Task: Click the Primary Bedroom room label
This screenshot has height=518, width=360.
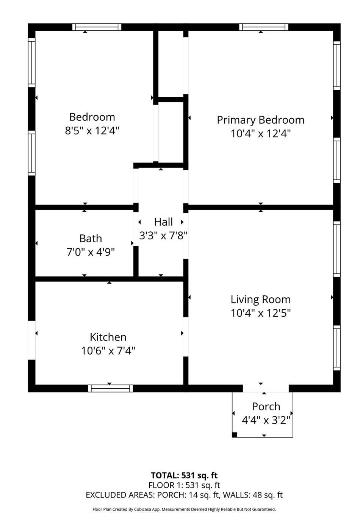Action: (x=260, y=120)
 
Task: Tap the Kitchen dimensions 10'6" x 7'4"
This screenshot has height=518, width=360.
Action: (x=108, y=350)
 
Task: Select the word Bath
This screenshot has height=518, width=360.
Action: (x=91, y=239)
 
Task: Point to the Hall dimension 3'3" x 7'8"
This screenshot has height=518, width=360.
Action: (x=163, y=235)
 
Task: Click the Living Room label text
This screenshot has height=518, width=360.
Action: (x=260, y=300)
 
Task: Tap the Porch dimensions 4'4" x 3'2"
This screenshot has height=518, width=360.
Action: (x=266, y=420)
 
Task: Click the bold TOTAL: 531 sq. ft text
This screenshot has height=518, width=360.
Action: (x=184, y=475)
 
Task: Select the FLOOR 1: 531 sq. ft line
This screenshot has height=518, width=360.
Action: (x=184, y=485)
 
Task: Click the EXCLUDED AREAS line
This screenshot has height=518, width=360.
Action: (x=184, y=495)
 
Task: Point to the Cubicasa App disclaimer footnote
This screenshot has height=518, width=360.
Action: (x=184, y=509)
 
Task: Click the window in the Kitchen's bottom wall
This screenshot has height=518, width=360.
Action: (x=110, y=388)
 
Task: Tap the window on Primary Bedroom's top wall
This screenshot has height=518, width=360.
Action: (x=263, y=27)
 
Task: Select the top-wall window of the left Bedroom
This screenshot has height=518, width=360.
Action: (x=97, y=27)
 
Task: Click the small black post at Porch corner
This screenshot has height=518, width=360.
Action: (x=235, y=435)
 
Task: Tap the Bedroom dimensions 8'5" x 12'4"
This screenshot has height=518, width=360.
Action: (x=92, y=131)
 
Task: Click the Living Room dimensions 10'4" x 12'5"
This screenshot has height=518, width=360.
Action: (x=260, y=313)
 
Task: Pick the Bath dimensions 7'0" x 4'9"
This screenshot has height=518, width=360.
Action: (x=91, y=252)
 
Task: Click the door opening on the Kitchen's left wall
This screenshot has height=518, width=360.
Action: (x=32, y=340)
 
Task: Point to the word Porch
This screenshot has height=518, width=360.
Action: (x=266, y=407)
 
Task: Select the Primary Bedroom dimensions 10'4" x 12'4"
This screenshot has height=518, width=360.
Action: (x=260, y=133)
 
